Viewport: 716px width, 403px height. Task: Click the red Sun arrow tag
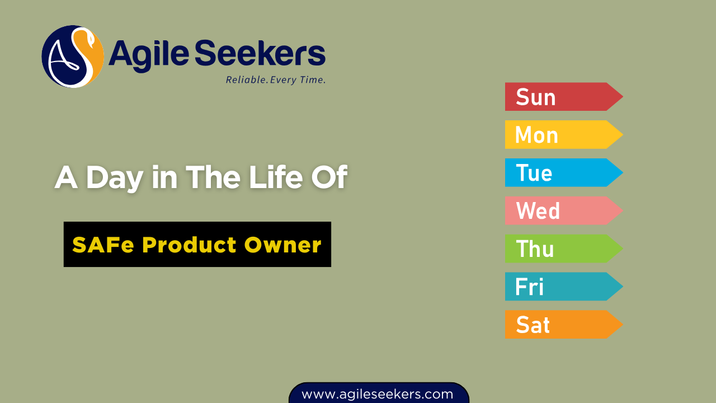(x=564, y=97)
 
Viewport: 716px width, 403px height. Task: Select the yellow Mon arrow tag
(x=564, y=135)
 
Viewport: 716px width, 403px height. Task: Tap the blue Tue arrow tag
(x=564, y=173)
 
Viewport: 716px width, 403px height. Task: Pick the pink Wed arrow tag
(x=564, y=210)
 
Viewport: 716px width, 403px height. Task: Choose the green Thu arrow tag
(x=564, y=249)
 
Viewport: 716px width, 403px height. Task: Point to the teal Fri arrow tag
(x=564, y=287)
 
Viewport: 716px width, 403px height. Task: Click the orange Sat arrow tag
(x=564, y=324)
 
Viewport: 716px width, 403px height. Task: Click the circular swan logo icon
(x=73, y=57)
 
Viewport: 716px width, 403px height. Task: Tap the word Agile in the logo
(x=149, y=55)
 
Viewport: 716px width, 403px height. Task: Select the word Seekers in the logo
(x=260, y=53)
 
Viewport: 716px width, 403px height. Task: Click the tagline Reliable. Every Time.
(x=276, y=79)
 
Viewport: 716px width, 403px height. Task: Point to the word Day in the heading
(x=115, y=179)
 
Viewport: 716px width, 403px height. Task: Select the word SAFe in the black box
(x=103, y=245)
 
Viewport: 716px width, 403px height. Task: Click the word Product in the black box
(x=189, y=245)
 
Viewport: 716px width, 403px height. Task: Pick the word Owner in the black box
(x=283, y=245)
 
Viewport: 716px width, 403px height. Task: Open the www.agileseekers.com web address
(x=378, y=394)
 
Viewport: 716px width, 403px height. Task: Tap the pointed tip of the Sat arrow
(x=623, y=324)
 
